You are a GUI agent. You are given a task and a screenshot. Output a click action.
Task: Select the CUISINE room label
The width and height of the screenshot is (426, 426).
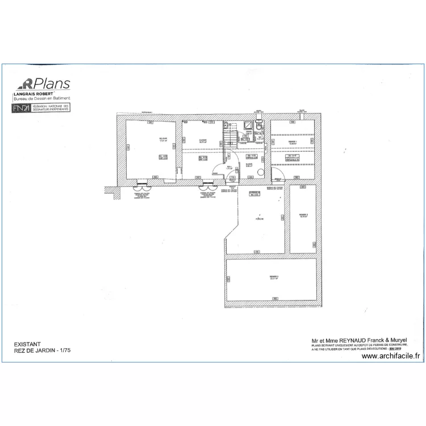[202, 140]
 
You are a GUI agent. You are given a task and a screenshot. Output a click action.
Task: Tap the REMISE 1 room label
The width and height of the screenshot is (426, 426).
[292, 141]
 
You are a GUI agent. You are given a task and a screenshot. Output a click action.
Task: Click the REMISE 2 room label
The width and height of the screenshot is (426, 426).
[303, 215]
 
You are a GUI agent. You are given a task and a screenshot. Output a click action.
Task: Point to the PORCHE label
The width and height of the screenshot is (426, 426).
[259, 219]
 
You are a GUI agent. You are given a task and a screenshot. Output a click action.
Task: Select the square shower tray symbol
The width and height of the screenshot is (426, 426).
[249, 126]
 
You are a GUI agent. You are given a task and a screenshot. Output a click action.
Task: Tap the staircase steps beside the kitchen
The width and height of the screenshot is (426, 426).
[229, 137]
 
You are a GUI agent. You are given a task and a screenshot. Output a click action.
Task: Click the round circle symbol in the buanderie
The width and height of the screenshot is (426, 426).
[261, 171]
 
